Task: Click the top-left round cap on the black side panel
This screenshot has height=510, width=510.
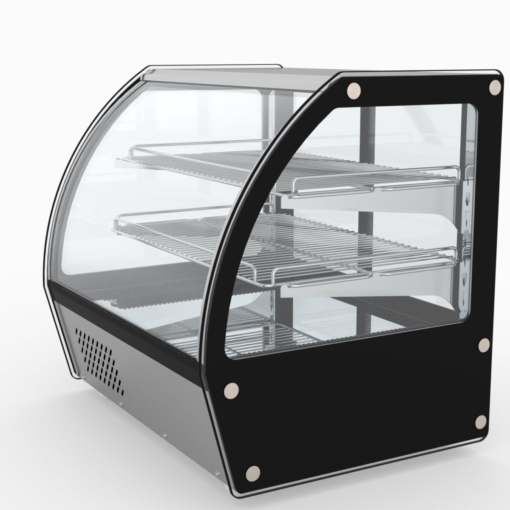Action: tap(353, 90)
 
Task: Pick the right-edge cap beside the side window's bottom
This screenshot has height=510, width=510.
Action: tap(484, 345)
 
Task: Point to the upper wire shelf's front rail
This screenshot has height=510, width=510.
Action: tap(374, 184)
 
